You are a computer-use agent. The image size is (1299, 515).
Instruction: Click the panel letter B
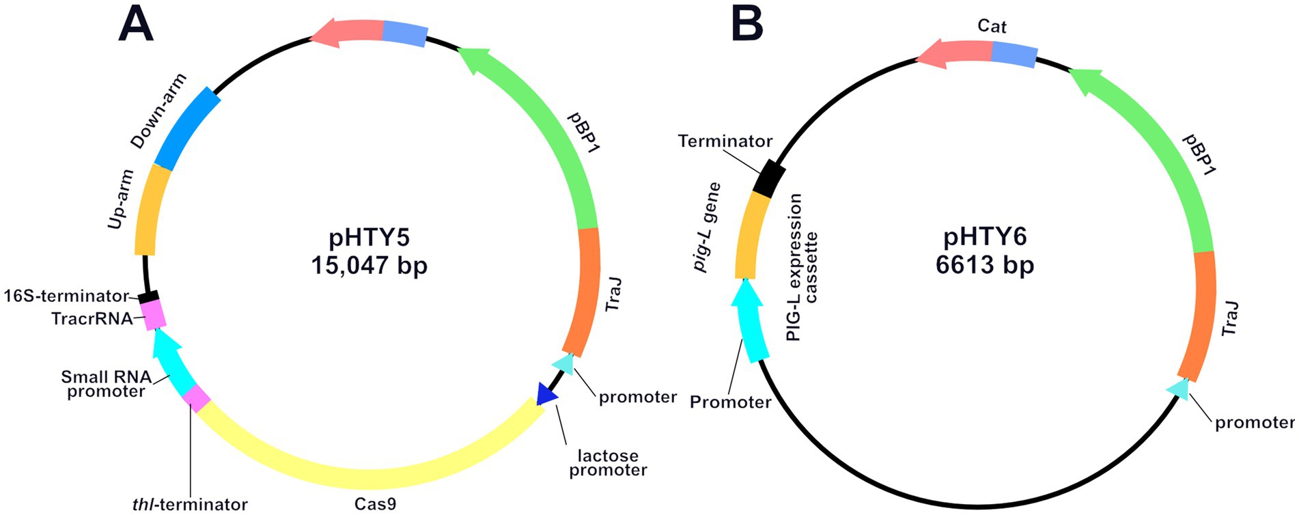click(x=746, y=25)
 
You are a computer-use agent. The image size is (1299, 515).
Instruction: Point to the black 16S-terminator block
click(x=148, y=297)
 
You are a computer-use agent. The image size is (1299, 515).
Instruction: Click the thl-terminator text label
click(x=190, y=505)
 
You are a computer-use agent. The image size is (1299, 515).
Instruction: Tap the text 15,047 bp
click(x=369, y=265)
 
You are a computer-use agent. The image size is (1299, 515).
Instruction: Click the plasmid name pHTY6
click(x=984, y=237)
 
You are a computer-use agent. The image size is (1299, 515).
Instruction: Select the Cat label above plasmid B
click(x=992, y=27)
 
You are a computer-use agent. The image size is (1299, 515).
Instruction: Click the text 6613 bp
click(x=984, y=265)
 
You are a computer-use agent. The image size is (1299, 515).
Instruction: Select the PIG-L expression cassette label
click(x=802, y=266)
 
